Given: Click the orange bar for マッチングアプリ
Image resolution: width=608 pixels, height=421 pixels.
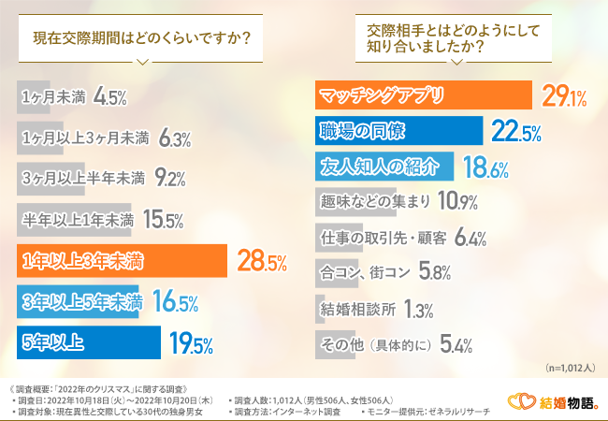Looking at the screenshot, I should [421, 95].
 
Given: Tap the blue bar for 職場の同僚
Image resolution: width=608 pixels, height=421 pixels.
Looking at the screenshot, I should [397, 131].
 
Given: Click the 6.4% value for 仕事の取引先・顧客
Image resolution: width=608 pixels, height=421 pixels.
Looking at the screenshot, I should [470, 239].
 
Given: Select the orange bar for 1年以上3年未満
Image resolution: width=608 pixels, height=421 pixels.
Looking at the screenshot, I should [123, 261].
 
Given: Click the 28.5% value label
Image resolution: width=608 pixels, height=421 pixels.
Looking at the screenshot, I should [261, 263].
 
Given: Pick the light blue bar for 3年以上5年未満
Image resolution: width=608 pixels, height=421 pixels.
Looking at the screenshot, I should [80, 301].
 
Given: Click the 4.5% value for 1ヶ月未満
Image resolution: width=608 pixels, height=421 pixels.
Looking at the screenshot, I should [110, 97].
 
